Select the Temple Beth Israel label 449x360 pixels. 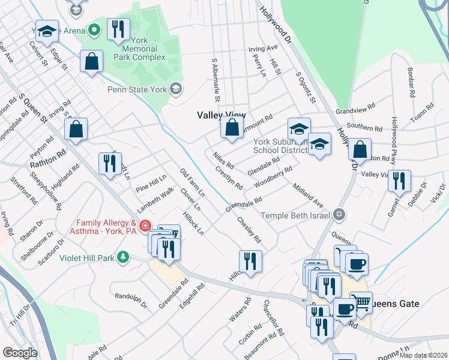[x=296, y=215]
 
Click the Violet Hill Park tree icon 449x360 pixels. [x=123, y=257]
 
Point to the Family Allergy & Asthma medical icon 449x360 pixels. [x=145, y=226]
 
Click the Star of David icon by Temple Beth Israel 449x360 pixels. [x=339, y=214]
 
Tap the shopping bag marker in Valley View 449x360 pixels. [x=232, y=127]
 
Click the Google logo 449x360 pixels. [x=20, y=352]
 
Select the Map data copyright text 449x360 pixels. [x=423, y=355]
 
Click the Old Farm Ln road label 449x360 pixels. [x=193, y=183]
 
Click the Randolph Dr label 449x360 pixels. [x=131, y=300]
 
